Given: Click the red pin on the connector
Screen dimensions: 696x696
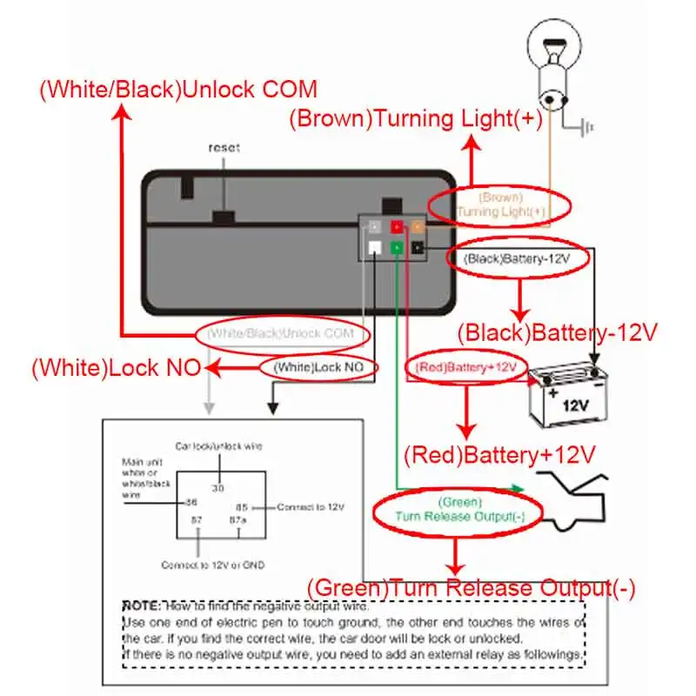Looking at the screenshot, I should point(396,227).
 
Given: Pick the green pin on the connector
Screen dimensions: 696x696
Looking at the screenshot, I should point(396,248).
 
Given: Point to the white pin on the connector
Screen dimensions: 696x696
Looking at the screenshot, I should point(373,248).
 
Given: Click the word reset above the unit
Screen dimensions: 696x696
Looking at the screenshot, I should point(224,148).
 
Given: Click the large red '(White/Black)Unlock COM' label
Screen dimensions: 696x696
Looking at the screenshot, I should point(178,90).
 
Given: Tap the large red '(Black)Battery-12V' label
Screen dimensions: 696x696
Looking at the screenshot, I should point(556,332).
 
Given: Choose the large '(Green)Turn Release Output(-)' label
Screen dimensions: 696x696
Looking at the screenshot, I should point(471,588).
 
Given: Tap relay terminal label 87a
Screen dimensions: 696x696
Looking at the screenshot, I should point(237,519).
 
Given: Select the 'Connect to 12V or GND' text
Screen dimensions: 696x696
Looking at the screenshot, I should point(212,565).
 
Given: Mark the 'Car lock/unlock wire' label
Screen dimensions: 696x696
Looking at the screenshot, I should point(218,445).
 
